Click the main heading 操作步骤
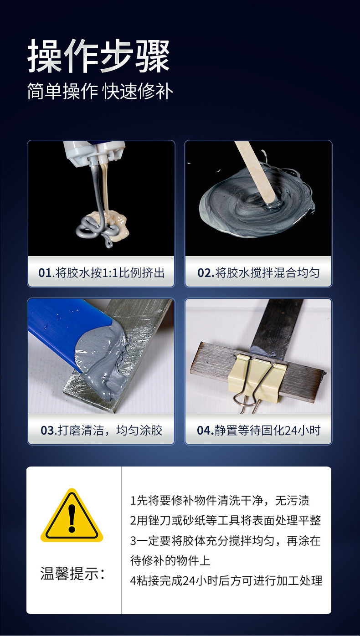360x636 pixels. pyautogui.click(x=98, y=56)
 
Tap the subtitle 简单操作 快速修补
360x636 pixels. pyautogui.click(x=100, y=92)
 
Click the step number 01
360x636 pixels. pyautogui.click(x=45, y=273)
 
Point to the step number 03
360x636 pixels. pyautogui.click(x=47, y=431)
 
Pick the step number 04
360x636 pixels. pyautogui.click(x=204, y=431)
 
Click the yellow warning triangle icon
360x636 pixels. pyautogui.click(x=72, y=516)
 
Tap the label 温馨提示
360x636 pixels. pyautogui.click(x=72, y=573)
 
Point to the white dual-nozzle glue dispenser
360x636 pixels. pyautogui.click(x=94, y=155)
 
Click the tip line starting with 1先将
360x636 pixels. pyautogui.click(x=220, y=501)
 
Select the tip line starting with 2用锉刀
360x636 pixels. pyautogui.click(x=226, y=520)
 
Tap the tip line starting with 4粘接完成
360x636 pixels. pyautogui.click(x=226, y=580)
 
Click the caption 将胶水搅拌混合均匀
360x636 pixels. pyautogui.click(x=267, y=273)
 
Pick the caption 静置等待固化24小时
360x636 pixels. pyautogui.click(x=267, y=431)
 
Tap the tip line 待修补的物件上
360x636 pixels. pyautogui.click(x=170, y=561)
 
